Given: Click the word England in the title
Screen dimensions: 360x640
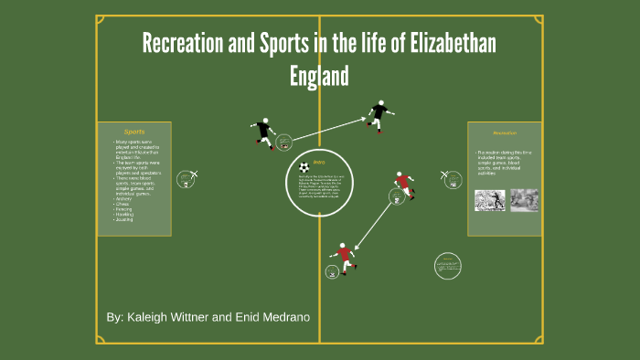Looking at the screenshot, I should pyautogui.click(x=319, y=76).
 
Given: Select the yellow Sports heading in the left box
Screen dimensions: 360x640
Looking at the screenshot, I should pyautogui.click(x=134, y=132).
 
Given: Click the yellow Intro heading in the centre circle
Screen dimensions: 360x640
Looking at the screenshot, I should pyautogui.click(x=319, y=163).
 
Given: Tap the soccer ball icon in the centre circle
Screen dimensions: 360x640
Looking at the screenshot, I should pyautogui.click(x=303, y=168).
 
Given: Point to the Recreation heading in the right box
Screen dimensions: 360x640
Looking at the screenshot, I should pyautogui.click(x=505, y=132).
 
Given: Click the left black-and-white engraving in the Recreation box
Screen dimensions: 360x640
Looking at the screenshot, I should pyautogui.click(x=489, y=200).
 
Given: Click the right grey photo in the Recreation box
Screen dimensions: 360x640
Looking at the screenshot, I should pyautogui.click(x=524, y=200).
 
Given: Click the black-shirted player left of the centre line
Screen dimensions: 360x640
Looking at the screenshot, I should pyautogui.click(x=263, y=132).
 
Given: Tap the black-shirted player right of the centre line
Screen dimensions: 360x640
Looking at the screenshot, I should pyautogui.click(x=379, y=113).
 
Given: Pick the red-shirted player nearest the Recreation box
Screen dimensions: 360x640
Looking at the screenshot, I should pyautogui.click(x=403, y=185).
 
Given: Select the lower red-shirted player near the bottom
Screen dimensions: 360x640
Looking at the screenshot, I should pyautogui.click(x=343, y=258).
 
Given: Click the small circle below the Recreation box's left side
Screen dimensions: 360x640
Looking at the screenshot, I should pyautogui.click(x=446, y=265).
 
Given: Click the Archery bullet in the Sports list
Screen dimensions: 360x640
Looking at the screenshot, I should pyautogui.click(x=123, y=198).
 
